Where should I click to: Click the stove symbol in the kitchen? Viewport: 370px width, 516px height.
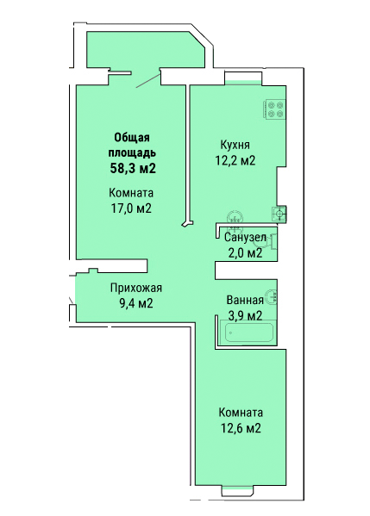click(x=274, y=109)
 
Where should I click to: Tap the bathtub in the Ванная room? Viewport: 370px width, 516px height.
click(x=248, y=333)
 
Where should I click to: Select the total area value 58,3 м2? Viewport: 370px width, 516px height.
click(x=133, y=168)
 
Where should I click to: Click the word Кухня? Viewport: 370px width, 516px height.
click(x=235, y=145)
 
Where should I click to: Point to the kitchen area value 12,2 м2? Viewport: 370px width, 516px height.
click(x=235, y=160)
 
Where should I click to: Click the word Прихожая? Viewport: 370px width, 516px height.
click(x=136, y=288)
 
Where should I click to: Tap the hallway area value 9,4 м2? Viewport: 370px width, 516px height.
click(x=136, y=303)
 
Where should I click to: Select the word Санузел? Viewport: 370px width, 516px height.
click(x=245, y=237)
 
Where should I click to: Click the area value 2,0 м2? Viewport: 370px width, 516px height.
click(x=245, y=252)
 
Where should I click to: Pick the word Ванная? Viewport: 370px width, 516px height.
click(x=245, y=300)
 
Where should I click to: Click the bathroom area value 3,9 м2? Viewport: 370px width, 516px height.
click(x=245, y=315)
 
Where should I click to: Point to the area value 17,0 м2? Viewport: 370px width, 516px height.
click(x=131, y=208)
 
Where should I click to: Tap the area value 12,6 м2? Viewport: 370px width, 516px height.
click(x=241, y=428)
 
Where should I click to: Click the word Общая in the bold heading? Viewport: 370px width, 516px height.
click(x=132, y=138)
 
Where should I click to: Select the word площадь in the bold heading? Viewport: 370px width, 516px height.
click(x=133, y=153)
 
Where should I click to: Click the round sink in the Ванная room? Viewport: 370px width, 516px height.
click(x=272, y=297)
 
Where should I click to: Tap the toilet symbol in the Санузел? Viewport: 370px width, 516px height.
click(x=272, y=243)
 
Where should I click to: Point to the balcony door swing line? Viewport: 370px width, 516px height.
click(x=148, y=81)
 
